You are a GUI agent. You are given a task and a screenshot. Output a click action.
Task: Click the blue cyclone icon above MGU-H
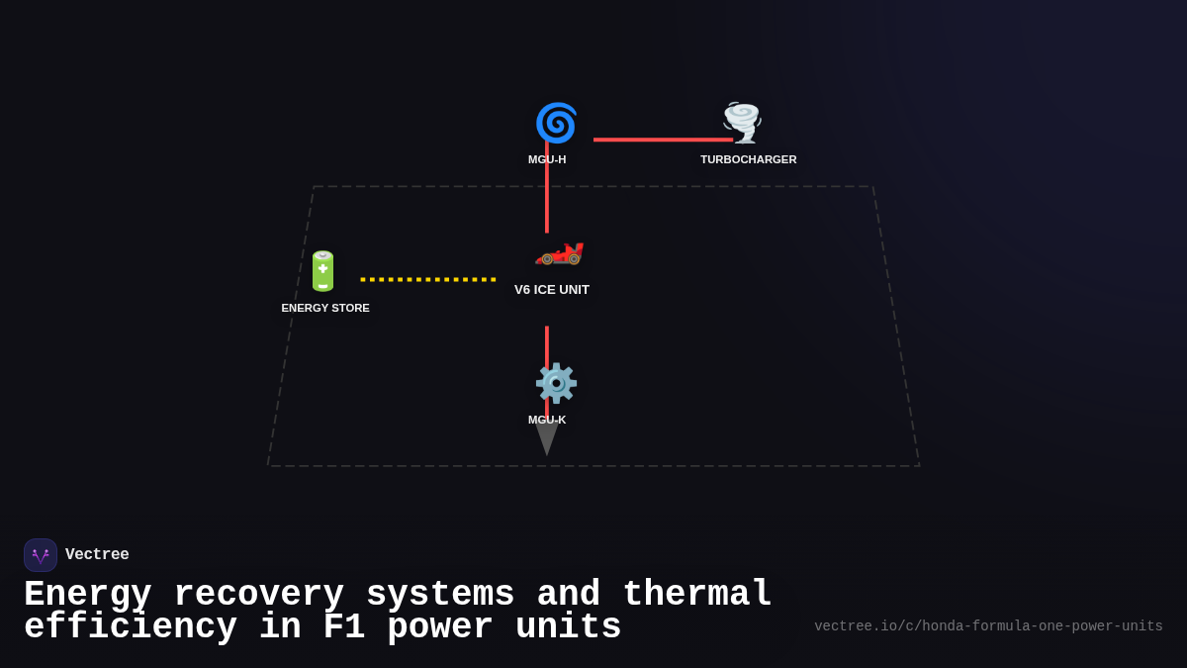click(556, 123)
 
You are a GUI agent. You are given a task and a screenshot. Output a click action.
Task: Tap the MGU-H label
click(547, 159)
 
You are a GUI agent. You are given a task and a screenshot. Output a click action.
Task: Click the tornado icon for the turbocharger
click(742, 123)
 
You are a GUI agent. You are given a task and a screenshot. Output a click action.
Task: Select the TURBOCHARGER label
click(748, 159)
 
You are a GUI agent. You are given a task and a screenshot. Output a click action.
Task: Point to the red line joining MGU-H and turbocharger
click(663, 140)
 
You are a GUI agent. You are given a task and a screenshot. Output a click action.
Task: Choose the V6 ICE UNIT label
click(552, 290)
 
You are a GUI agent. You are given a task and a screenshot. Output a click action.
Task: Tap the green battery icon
click(323, 271)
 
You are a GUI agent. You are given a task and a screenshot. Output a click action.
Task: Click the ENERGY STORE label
click(325, 308)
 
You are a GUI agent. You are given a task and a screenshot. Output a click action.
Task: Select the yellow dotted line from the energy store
click(428, 279)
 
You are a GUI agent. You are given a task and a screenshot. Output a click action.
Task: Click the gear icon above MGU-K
click(556, 383)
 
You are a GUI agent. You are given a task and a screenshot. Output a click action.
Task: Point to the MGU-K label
click(547, 420)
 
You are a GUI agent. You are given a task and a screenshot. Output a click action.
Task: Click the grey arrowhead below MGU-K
click(547, 441)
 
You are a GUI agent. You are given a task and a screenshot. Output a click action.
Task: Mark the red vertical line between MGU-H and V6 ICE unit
click(547, 198)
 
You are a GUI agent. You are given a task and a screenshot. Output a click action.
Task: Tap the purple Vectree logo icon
click(41, 555)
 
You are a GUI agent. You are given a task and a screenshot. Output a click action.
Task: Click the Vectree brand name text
click(97, 555)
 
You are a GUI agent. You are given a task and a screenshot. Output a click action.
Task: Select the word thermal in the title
click(696, 595)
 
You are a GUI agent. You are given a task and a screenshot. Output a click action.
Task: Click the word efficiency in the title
click(131, 627)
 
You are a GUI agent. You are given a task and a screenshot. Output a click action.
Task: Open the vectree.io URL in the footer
click(988, 626)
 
